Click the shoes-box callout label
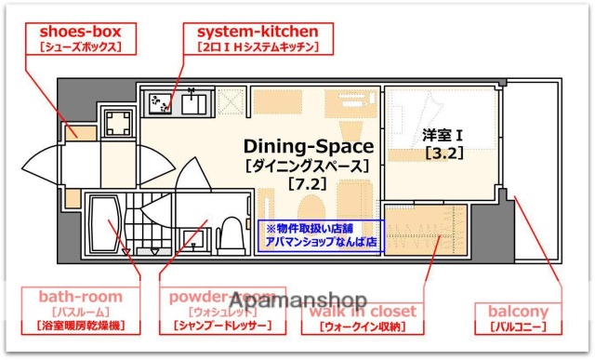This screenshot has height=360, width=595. tap(74, 30)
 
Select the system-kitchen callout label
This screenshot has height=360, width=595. tap(257, 30)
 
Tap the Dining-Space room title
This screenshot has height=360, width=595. tap(309, 147)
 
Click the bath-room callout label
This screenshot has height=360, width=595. tap(80, 297)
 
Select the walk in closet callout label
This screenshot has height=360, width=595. tap(363, 311)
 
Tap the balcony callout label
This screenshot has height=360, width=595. tap(518, 312)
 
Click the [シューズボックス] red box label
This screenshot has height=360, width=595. tap(74, 47)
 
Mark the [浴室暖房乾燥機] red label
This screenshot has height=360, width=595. tap(80, 327)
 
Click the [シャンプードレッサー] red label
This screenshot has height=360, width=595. tap(223, 327)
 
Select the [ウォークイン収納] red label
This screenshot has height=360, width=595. tap(364, 327)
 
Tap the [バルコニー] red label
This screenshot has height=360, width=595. tap(518, 327)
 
